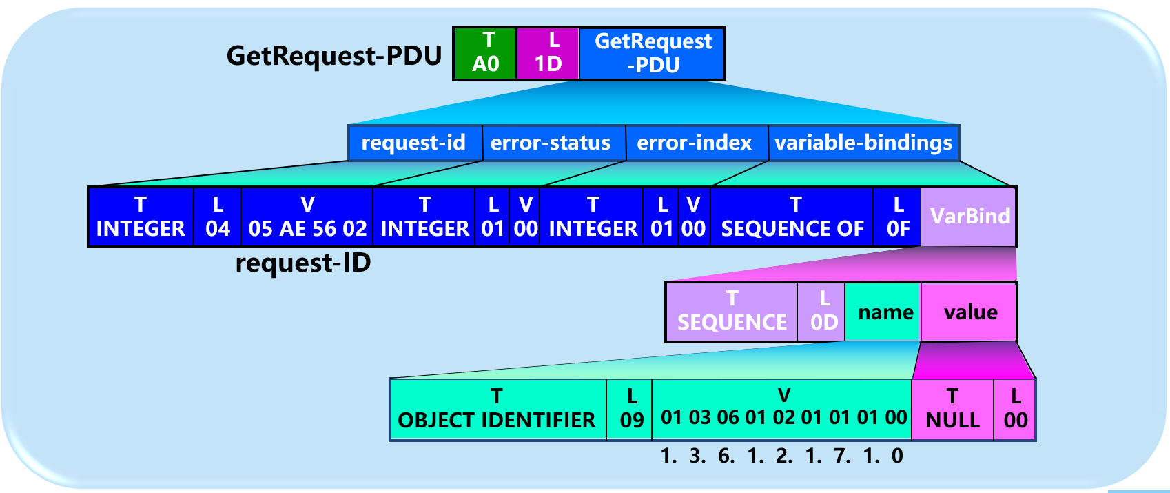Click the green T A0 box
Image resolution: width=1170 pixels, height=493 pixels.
[x=486, y=53]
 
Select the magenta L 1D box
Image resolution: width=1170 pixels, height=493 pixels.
[x=548, y=53]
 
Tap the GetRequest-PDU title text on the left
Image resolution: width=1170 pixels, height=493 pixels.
[x=333, y=56]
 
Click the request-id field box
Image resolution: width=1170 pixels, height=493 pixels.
[x=414, y=143]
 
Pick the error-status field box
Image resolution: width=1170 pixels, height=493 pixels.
[x=551, y=143]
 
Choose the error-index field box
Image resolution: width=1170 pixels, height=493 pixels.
[x=695, y=143]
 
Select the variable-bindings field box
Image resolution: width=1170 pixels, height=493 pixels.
[x=863, y=143]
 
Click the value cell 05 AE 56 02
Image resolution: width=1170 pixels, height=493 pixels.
[x=307, y=217]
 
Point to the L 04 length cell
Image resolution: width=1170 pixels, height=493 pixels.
[x=218, y=217]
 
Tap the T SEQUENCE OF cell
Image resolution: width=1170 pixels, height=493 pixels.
[x=792, y=217]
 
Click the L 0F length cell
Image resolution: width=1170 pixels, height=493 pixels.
[x=898, y=217]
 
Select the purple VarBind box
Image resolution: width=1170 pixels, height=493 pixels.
[x=969, y=217]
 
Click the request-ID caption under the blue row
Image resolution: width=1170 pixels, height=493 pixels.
[x=303, y=263]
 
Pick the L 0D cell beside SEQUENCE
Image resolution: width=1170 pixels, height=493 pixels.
[x=823, y=312]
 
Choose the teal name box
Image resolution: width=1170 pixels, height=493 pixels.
[x=885, y=312]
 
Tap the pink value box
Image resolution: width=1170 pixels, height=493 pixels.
[x=970, y=312]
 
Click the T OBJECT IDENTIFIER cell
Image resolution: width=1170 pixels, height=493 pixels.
[x=497, y=409]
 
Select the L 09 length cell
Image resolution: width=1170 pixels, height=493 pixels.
[x=631, y=409]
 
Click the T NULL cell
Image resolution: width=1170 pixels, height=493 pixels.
[x=952, y=409]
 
